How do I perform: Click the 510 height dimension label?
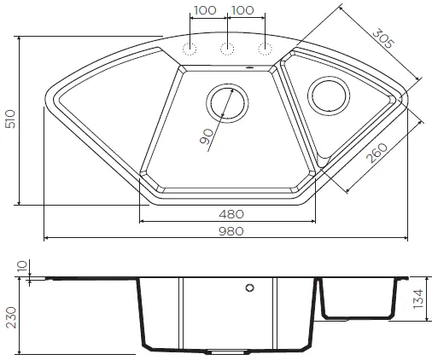pos(10,119)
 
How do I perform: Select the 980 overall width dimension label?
pos(231,231)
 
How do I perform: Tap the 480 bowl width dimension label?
pos(231,214)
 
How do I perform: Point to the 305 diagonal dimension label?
pos(383,38)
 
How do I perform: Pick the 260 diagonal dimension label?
pos(377,153)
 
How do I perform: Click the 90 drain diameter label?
pos(207,136)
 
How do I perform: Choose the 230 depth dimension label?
pos(11,317)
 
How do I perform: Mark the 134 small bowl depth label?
pos(418,299)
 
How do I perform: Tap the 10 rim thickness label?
pos(22,266)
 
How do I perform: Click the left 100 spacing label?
pos(205,10)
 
